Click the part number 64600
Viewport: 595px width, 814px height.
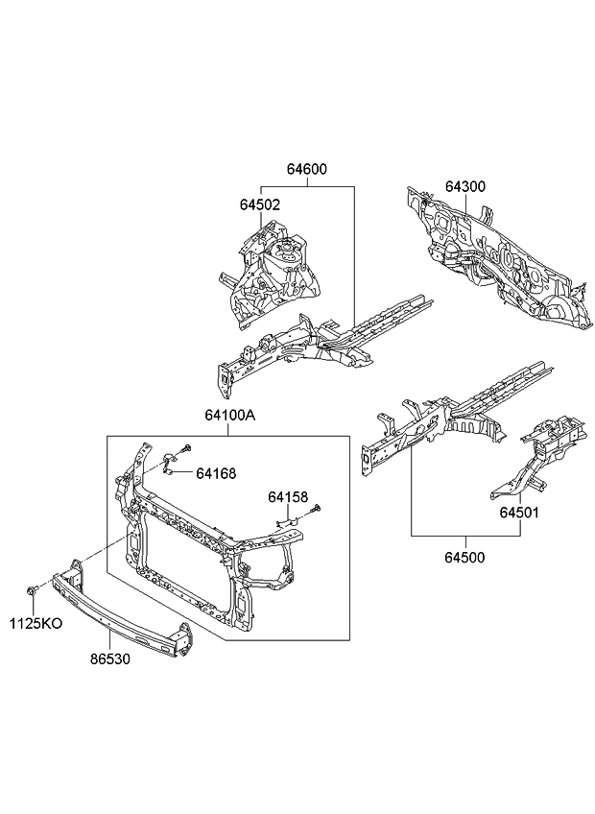pyautogui.click(x=306, y=170)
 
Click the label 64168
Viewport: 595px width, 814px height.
pyautogui.click(x=216, y=472)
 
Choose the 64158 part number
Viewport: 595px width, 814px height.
pyautogui.click(x=288, y=497)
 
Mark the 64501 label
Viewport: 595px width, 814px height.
pyautogui.click(x=518, y=512)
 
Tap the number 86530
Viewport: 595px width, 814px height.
pyautogui.click(x=110, y=660)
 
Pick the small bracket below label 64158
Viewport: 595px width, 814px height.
pyautogui.click(x=287, y=522)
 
